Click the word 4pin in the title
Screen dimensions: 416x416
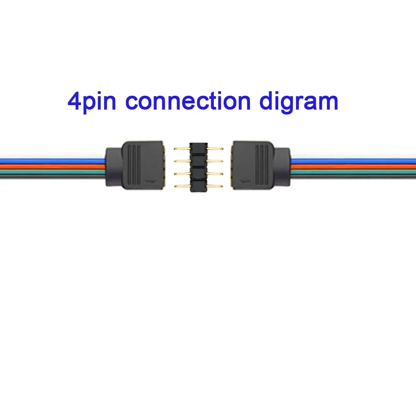coord(91,102)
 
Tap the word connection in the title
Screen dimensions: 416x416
coord(187,101)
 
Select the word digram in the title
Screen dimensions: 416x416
coord(298,102)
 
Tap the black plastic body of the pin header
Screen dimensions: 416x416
coord(199,167)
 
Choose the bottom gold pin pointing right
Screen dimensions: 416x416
coord(216,185)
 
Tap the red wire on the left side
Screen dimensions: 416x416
coord(49,166)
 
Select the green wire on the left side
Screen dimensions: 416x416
coord(49,172)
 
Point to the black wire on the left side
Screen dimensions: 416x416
coord(49,178)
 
